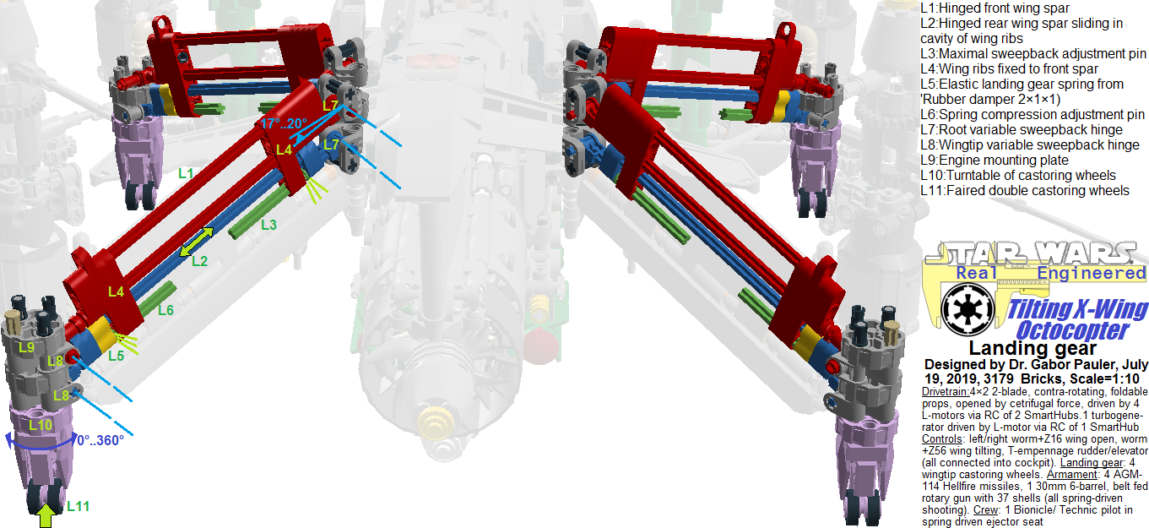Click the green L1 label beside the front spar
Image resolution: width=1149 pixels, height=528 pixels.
point(186,173)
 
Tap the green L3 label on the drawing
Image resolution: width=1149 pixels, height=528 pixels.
point(268,225)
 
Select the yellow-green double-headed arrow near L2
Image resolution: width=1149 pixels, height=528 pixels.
point(197,242)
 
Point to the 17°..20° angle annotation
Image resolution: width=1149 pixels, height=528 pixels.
point(284,123)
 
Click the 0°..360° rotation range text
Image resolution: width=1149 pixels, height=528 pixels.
point(100,440)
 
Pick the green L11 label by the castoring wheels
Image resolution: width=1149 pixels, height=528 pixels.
point(79,506)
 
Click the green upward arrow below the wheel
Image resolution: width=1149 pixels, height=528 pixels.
point(46,515)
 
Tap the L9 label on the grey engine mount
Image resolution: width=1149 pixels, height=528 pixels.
point(27,347)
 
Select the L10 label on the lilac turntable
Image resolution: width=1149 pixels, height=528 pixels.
point(41,425)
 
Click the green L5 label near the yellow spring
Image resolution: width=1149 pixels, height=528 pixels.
point(116,356)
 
